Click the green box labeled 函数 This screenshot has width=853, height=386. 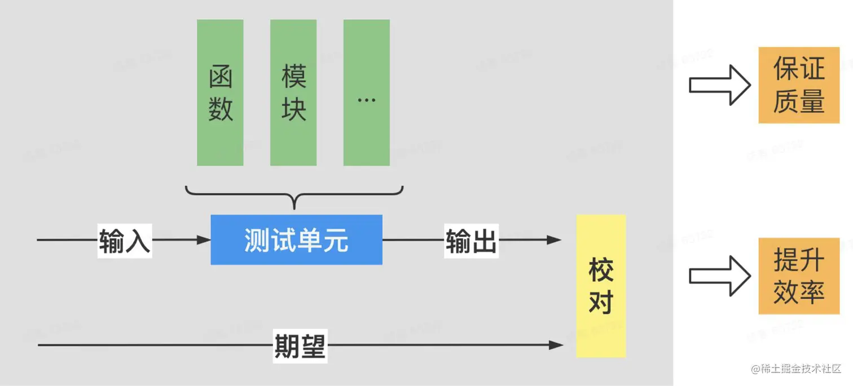pos(220,93)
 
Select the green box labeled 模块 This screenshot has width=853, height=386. pos(293,93)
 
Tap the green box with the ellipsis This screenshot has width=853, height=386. pos(367,93)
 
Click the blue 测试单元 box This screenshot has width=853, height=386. pos(296,239)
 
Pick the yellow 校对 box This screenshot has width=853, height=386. pos(601,286)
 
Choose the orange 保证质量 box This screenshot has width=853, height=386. pos(799,85)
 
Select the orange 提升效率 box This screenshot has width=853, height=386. pos(799,276)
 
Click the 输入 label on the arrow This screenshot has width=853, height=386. pos(125,241)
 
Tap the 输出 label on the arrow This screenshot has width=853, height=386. pos(471,241)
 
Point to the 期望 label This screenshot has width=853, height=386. pos(300,345)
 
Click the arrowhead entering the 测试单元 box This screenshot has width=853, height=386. pos(204,240)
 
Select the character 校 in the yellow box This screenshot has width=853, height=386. pos(601,270)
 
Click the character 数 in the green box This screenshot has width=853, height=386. pos(221,108)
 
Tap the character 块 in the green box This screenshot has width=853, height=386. pos(294,108)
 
